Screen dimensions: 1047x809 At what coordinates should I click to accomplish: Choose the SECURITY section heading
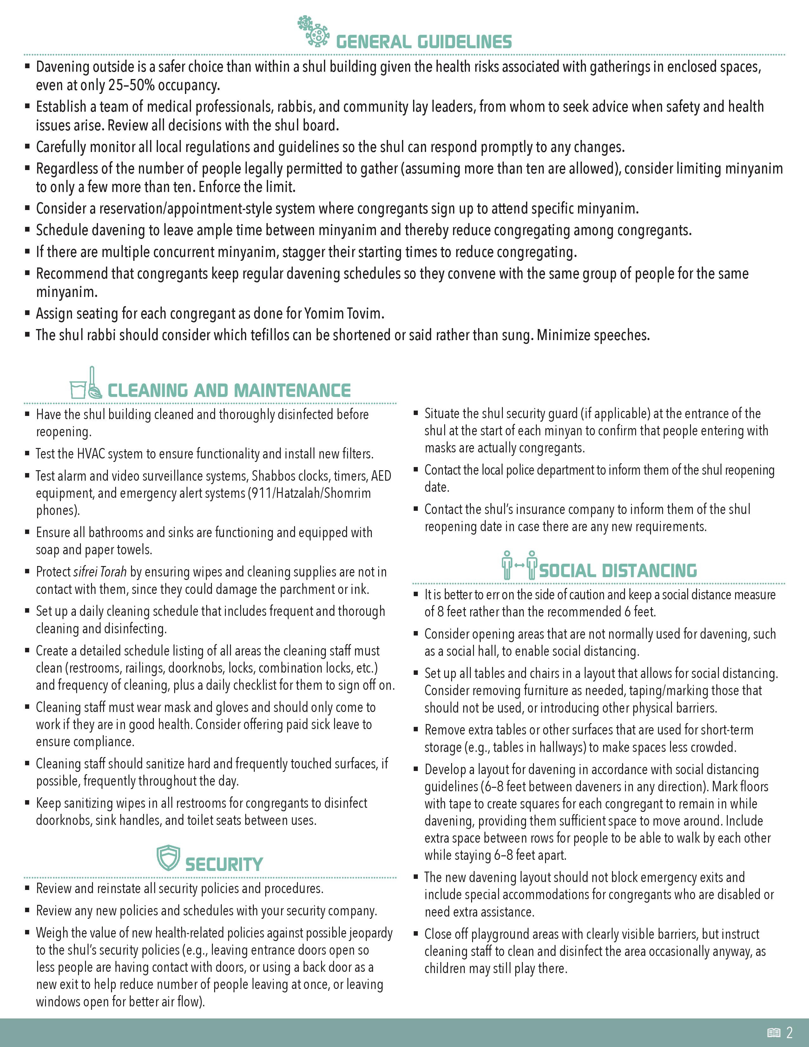(x=224, y=864)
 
